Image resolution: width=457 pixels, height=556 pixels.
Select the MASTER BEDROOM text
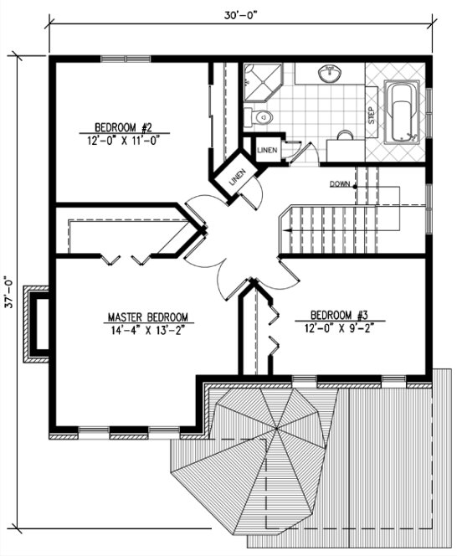coord(149,318)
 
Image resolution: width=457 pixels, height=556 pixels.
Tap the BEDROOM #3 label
coord(339,316)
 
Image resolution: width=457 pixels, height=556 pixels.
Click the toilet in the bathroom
coord(261,116)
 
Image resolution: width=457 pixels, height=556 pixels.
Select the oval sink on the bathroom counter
coord(331,75)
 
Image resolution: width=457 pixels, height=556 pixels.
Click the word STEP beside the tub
coord(371,115)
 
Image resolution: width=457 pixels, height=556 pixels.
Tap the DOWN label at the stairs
coord(340,183)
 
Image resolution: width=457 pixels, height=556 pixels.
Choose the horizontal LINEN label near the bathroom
coord(267,150)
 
